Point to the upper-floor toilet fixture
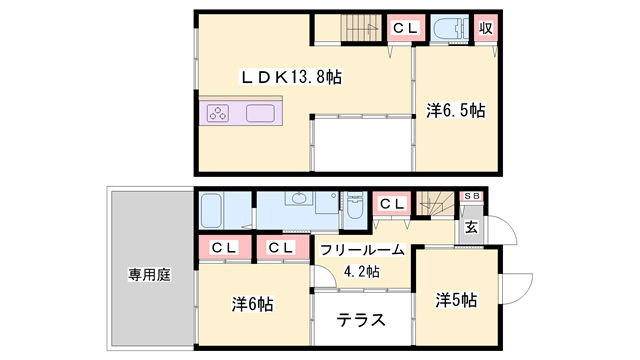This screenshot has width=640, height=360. tap(446, 27)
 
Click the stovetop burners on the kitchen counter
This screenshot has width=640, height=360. tap(219, 113)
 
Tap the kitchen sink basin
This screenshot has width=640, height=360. tap(262, 113)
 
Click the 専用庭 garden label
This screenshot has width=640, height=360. tap(147, 274)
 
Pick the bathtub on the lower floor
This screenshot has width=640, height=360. tap(211, 212)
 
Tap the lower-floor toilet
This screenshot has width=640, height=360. tap(354, 211)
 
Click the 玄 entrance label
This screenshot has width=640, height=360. tap(472, 227)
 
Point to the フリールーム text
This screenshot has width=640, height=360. tap(363, 250)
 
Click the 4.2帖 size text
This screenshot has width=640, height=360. tap(361, 271)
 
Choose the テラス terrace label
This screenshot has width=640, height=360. tap(362, 322)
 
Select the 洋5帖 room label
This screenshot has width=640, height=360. tap(455, 300)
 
